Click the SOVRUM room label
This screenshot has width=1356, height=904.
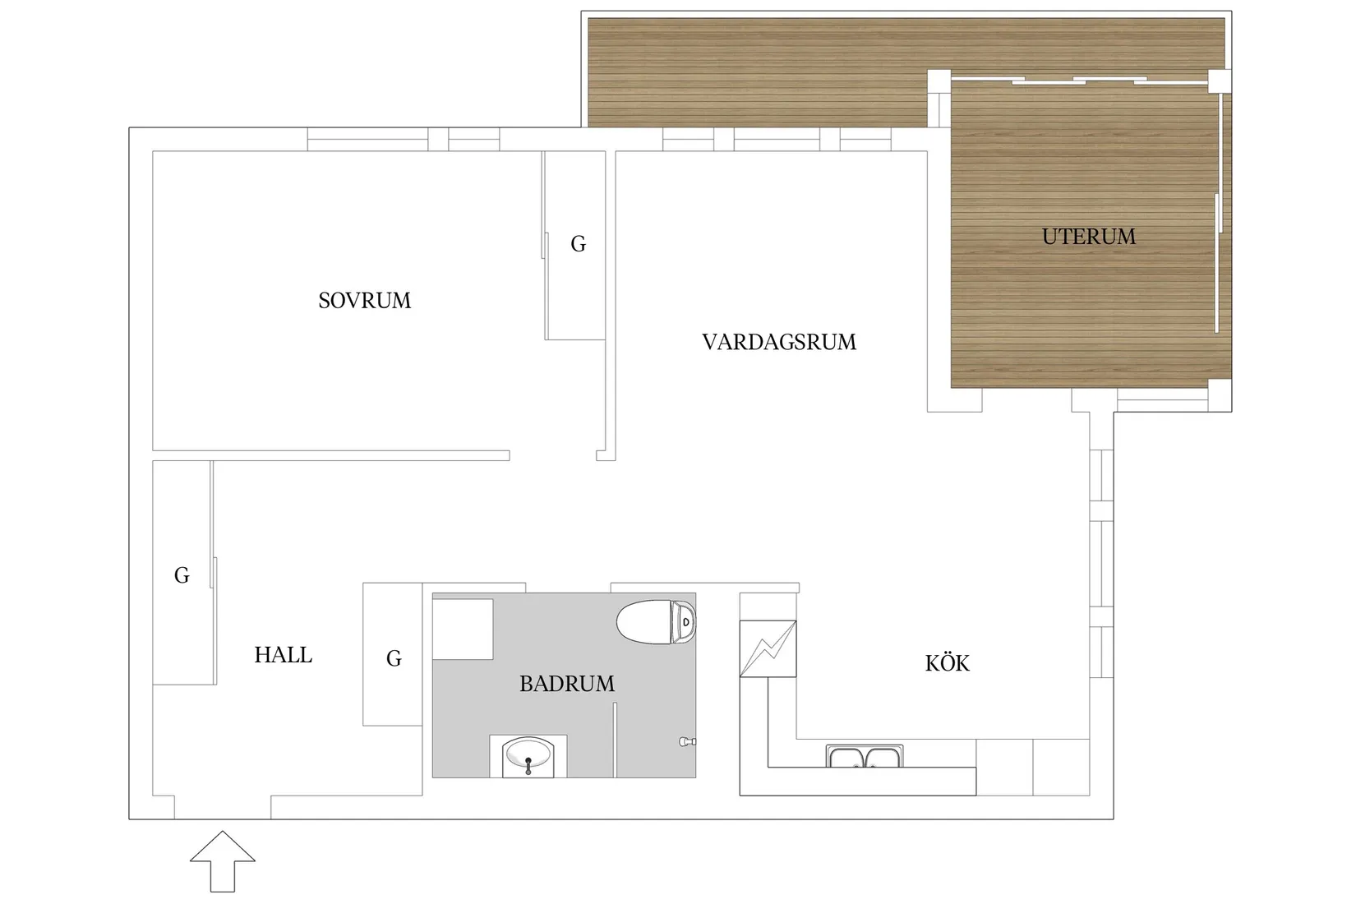pyautogui.click(x=364, y=301)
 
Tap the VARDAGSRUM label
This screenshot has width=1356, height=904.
pyautogui.click(x=778, y=342)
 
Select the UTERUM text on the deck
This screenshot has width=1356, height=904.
pyautogui.click(x=1088, y=237)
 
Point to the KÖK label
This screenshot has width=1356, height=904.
pyautogui.click(x=947, y=663)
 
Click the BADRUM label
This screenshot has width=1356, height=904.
pyautogui.click(x=566, y=684)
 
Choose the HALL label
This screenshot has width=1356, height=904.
pyautogui.click(x=283, y=655)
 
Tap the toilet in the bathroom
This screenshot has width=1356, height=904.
pyautogui.click(x=657, y=622)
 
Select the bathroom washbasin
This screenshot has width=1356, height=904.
pyautogui.click(x=528, y=755)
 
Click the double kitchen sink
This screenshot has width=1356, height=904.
pyautogui.click(x=864, y=756)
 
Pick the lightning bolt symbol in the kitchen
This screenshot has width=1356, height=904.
pyautogui.click(x=768, y=648)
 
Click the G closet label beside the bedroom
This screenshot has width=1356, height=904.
pyautogui.click(x=578, y=244)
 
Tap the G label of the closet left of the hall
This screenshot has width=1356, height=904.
pyautogui.click(x=182, y=575)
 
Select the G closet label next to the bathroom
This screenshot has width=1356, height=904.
pyautogui.click(x=394, y=658)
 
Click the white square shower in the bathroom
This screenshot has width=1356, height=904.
pyautogui.click(x=463, y=629)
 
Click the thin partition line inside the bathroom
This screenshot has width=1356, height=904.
pyautogui.click(x=615, y=740)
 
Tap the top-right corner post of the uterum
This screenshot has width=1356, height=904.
pyautogui.click(x=1220, y=80)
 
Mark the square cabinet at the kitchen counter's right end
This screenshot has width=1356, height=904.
pyautogui.click(x=1061, y=767)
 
